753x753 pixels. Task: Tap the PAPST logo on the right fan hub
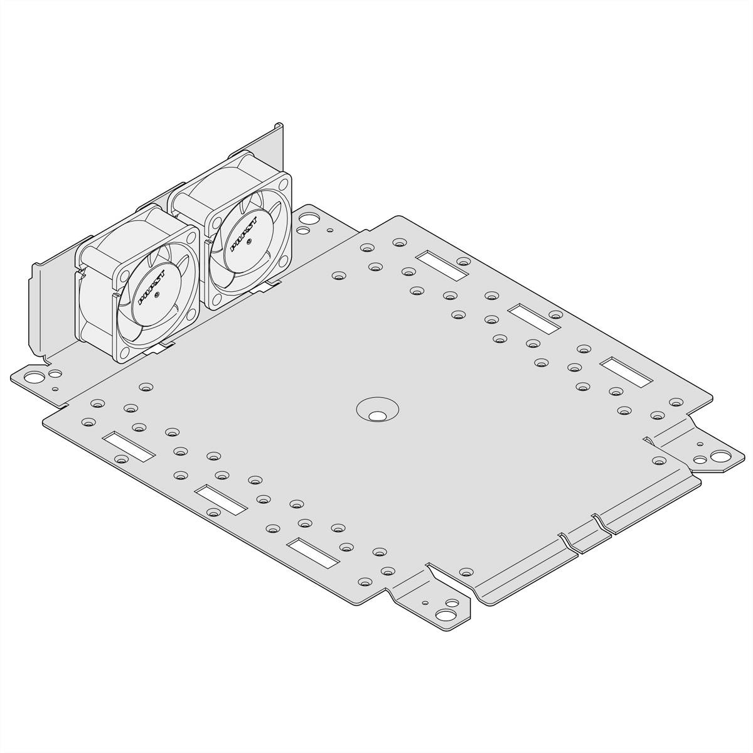coord(242,233)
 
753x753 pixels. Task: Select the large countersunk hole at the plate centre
coord(377,415)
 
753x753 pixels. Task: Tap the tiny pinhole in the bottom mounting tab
coord(426,603)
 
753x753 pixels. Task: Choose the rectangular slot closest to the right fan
coord(442,265)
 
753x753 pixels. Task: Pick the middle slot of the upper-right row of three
coord(534,318)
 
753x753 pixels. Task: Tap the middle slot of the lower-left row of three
coord(220,498)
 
